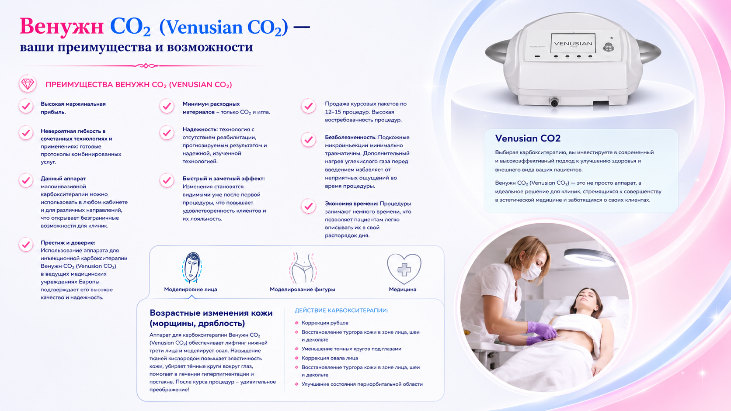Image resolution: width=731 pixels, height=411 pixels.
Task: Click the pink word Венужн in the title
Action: [62, 26]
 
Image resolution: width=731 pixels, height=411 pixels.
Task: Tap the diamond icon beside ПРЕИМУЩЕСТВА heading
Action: [28, 84]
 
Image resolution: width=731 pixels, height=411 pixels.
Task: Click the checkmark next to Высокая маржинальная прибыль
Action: [26, 106]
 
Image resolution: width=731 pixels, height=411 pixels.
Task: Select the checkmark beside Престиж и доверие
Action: [26, 245]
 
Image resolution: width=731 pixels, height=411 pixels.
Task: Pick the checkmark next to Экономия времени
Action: [308, 206]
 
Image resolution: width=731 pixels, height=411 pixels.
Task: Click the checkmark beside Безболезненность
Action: [308, 140]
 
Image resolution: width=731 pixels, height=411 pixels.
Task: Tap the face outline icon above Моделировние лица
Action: [192, 267]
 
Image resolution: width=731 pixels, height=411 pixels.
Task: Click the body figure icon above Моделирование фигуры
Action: [303, 268]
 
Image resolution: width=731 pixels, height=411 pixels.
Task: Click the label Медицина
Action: [402, 290]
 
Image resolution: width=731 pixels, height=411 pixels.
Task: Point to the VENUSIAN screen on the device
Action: [573, 43]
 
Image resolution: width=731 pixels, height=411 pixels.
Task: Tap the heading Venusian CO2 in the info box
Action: [528, 138]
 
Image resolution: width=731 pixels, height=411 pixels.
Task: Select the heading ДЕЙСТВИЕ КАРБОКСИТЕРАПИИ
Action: [341, 311]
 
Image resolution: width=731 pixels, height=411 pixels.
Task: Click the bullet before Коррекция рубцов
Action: [297, 323]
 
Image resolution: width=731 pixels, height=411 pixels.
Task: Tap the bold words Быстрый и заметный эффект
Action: [223, 179]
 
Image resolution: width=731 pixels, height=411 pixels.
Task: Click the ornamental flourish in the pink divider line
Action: [146, 66]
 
